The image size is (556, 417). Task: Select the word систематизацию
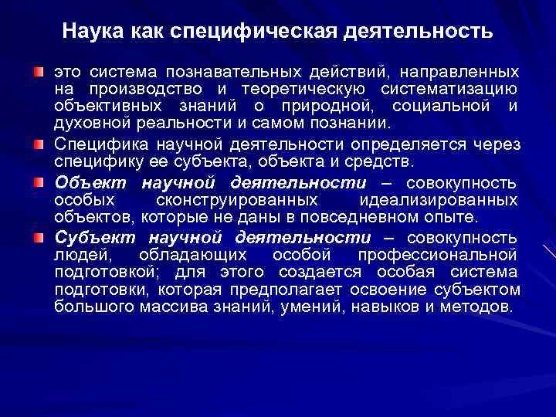pyautogui.click(x=455, y=90)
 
